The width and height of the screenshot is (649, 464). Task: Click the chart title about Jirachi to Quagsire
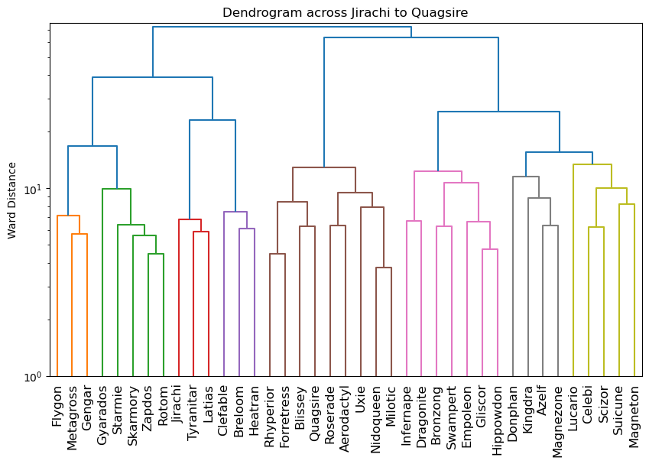point(345,13)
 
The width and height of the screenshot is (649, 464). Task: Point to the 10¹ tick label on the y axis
point(36,189)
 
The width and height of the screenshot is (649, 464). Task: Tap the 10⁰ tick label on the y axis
point(36,377)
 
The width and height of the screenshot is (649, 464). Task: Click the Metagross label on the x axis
point(73,417)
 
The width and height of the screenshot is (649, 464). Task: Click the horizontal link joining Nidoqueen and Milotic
point(384,268)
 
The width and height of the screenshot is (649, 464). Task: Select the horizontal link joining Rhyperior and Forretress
point(277,254)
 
